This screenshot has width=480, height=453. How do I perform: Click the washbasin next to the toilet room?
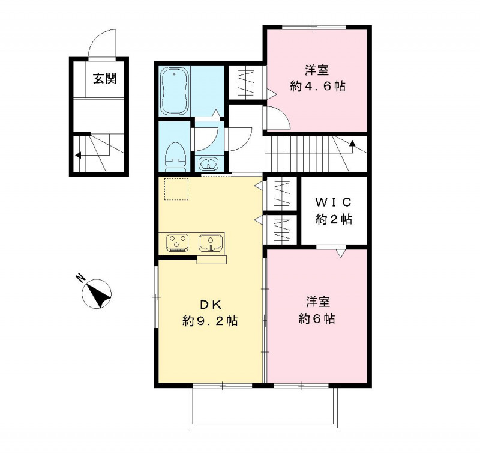tap(208, 163)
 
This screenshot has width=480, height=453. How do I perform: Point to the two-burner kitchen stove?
tap(177, 242)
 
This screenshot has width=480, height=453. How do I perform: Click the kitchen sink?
tap(211, 242)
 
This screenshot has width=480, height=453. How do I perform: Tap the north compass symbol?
tap(97, 294)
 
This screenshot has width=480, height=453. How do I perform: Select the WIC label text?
tap(334, 201)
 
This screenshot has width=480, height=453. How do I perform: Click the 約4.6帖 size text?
tap(317, 86)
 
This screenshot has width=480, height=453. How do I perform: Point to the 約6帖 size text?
tap(317, 318)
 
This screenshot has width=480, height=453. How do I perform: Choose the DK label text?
tap(209, 303)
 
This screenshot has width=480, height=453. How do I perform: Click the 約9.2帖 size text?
tap(210, 321)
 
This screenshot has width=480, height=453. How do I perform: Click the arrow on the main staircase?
tap(352, 143)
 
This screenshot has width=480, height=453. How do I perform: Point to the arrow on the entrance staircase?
tap(78, 155)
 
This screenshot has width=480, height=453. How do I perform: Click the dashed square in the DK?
tap(177, 189)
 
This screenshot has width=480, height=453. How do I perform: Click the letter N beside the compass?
tap(80, 278)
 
